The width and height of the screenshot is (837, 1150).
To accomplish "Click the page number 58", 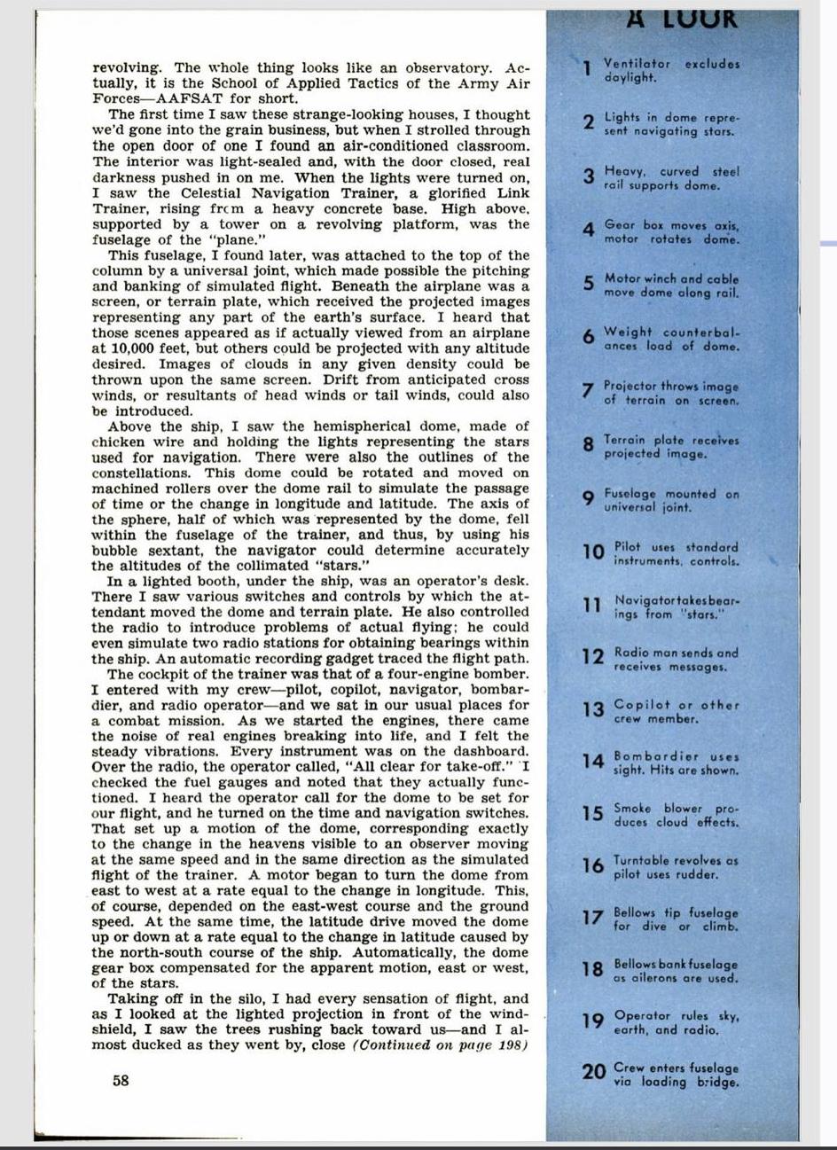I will coord(121,1080).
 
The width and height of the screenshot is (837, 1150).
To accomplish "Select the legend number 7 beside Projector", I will coord(587,392).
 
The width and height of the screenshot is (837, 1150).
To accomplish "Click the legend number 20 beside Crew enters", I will coord(594,1072).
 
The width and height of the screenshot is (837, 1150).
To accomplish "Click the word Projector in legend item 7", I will coord(632,386).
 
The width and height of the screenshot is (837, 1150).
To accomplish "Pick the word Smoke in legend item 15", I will coord(632,809).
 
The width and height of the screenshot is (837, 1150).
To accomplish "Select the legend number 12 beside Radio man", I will coord(592,657).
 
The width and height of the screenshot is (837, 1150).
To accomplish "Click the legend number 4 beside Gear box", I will coord(588,231).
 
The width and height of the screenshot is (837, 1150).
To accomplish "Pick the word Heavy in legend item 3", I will coord(625,171).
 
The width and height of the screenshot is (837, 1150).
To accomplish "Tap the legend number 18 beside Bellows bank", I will coord(593,969).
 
